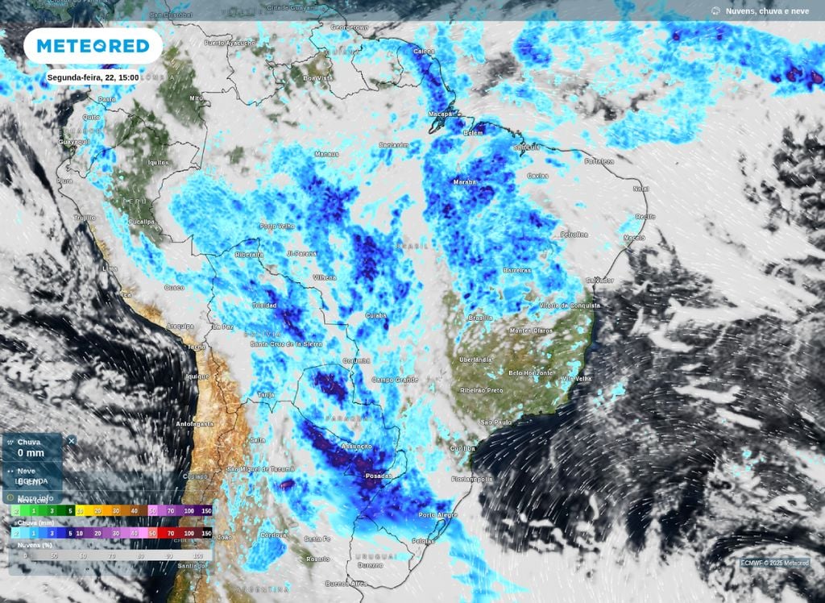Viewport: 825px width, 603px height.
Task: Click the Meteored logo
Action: pos(93,46)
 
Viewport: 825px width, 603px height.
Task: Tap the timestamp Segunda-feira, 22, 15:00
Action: pos(93,77)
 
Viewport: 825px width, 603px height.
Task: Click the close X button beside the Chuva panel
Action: pos(72,441)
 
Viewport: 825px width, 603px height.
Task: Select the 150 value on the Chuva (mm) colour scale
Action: pos(206,533)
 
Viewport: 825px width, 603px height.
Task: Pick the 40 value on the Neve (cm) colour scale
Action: pos(134,511)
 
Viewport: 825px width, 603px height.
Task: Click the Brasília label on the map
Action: pos(480,318)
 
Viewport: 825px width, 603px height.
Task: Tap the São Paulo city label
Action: pos(496,422)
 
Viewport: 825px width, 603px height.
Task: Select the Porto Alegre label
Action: pos(437,514)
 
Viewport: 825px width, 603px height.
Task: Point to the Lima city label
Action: pos(110,268)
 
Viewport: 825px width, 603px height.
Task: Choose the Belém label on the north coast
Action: pos(473,133)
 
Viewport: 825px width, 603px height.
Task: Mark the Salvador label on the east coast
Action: pos(599,280)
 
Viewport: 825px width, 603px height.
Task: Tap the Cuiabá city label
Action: pos(375,315)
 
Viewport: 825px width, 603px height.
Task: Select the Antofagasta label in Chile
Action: pos(196,423)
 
